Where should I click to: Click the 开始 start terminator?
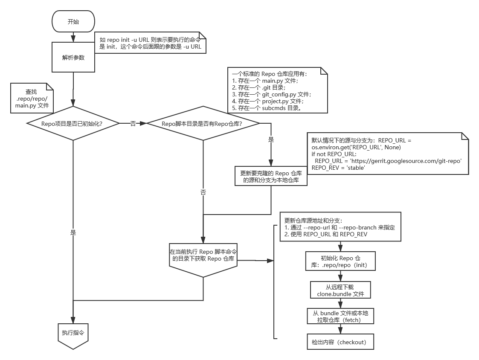point(73,22)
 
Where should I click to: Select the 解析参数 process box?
point(73,57)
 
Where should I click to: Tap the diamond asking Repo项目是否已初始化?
point(73,124)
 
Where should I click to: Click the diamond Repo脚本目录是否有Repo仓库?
point(203,124)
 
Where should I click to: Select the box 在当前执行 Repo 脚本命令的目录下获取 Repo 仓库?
point(203,256)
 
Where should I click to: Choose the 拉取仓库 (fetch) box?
point(340,316)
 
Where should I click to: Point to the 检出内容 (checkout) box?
point(340,342)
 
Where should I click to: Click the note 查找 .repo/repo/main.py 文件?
point(32,99)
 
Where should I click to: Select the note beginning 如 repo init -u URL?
point(151,43)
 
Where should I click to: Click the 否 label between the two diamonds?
point(134,123)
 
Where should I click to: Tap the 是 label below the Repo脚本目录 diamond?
point(271,139)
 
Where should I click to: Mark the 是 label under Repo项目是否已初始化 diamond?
point(73,232)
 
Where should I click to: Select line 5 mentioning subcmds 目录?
point(267,108)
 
